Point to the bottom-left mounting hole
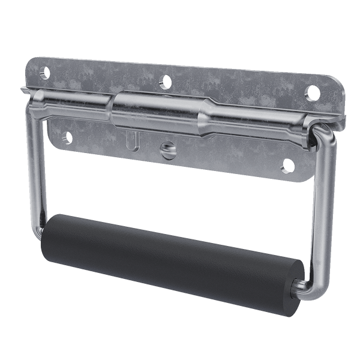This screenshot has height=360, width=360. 67,133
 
